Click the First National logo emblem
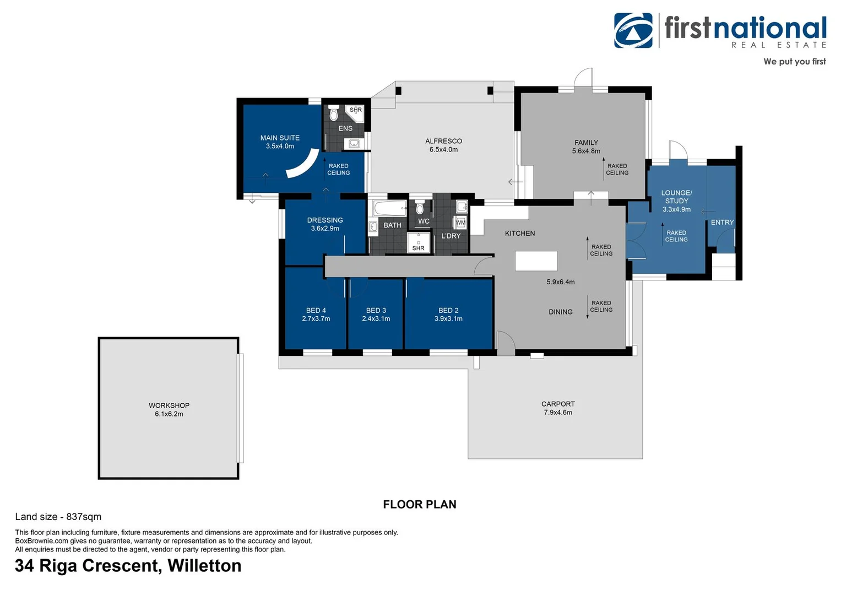(x=633, y=30)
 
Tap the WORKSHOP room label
(x=169, y=405)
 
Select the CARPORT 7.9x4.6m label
(x=558, y=408)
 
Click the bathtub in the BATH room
(x=390, y=208)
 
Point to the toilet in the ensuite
(x=333, y=113)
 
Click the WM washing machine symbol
(x=460, y=223)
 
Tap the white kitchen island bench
(x=536, y=261)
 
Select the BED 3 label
(x=376, y=310)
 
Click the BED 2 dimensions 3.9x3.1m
(x=448, y=318)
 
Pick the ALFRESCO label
(x=443, y=141)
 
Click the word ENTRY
(x=722, y=223)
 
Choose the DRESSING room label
(x=325, y=220)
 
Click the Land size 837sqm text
(x=58, y=517)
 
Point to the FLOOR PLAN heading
(x=419, y=504)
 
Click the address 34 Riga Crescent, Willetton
(x=128, y=566)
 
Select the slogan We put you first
(x=794, y=61)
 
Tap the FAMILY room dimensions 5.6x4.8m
(x=586, y=151)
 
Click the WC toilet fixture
(x=420, y=207)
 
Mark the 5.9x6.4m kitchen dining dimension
(x=560, y=282)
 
